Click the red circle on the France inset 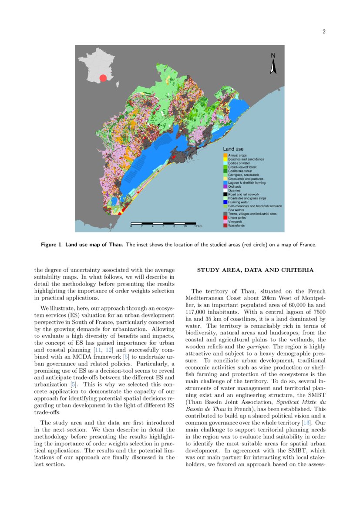[x=103, y=78]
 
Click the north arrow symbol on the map [x=273, y=64]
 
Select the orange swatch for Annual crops [x=225, y=155]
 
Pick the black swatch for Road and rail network [x=225, y=194]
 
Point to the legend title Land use [x=233, y=149]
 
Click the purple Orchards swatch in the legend [x=225, y=186]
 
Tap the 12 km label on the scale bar [x=198, y=227]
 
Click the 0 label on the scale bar [x=131, y=227]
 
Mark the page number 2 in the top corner [x=324, y=31]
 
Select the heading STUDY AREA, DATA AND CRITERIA [x=255, y=270]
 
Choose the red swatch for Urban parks [x=225, y=218]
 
